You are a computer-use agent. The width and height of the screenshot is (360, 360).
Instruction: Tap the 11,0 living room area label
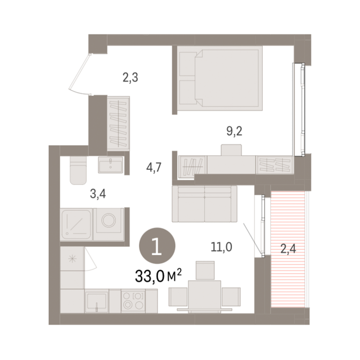click(x=221, y=247)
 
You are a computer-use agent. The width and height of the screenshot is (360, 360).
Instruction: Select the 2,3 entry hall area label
click(x=130, y=77)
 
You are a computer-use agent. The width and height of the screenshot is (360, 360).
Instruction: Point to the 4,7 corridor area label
click(x=154, y=167)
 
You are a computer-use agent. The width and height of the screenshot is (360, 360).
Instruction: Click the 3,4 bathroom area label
click(x=98, y=194)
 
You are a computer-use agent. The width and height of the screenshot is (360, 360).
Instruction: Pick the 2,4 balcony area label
click(x=288, y=248)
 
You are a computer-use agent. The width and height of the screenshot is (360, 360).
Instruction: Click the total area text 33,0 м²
click(x=158, y=276)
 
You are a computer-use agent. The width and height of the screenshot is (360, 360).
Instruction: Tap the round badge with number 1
click(x=157, y=246)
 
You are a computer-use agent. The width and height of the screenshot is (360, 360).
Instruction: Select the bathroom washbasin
click(x=111, y=165)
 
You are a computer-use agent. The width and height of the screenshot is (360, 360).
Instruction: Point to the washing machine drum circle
click(x=109, y=220)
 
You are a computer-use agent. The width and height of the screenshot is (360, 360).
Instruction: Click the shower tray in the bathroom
click(x=76, y=225)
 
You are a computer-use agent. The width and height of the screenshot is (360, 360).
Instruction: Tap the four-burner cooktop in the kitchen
click(x=133, y=301)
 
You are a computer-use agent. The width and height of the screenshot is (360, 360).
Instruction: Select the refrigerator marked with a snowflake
click(x=72, y=259)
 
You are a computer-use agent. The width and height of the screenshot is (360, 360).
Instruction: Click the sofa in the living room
click(x=204, y=203)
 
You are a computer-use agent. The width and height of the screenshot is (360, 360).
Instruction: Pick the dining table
click(x=204, y=296)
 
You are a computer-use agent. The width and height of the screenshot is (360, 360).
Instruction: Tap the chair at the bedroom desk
click(x=231, y=150)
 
